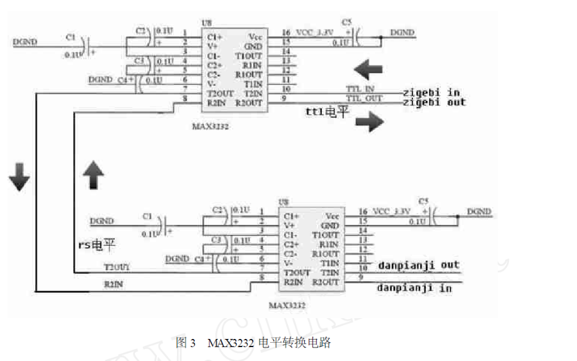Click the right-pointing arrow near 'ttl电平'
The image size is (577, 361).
click(369, 122)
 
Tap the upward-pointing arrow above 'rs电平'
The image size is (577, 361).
click(93, 174)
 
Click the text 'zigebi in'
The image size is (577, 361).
click(431, 92)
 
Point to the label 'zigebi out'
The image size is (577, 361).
click(434, 102)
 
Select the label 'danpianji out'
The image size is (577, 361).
click(419, 265)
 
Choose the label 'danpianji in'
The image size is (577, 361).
click(414, 288)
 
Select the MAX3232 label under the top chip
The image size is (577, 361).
click(211, 126)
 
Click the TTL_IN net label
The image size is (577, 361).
click(360, 89)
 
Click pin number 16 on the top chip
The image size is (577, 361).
click(287, 32)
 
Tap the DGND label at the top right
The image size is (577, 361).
click(403, 32)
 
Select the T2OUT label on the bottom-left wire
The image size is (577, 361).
click(117, 268)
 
